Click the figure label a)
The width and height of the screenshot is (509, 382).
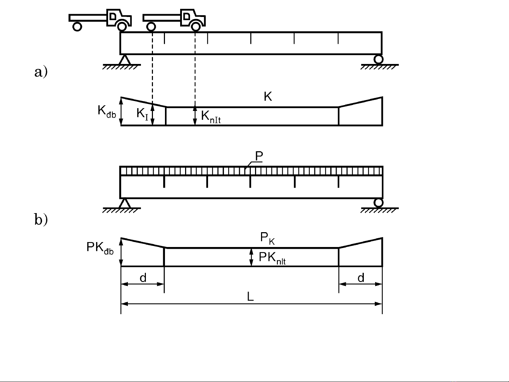41,72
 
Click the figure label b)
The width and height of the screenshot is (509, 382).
41,219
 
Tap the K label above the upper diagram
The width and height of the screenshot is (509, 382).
268,96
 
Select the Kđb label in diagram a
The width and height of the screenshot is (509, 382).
106,112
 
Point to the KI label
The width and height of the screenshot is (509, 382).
142,114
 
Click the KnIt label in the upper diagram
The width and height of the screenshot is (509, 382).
211,117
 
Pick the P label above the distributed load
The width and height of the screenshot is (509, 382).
259,156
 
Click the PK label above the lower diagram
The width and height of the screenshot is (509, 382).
267,239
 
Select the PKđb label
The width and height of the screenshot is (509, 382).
100,248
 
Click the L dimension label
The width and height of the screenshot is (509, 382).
250,296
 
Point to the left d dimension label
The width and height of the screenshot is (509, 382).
143,278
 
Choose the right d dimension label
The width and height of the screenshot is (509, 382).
361,278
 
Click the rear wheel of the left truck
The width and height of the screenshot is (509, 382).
77,27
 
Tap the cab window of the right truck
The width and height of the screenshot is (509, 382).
187,16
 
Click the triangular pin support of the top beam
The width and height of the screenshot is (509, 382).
125,59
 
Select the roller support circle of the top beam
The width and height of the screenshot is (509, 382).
378,59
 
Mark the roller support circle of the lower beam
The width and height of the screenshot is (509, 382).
378,203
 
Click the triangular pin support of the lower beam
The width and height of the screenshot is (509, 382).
125,203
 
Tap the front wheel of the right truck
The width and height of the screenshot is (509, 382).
196,27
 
